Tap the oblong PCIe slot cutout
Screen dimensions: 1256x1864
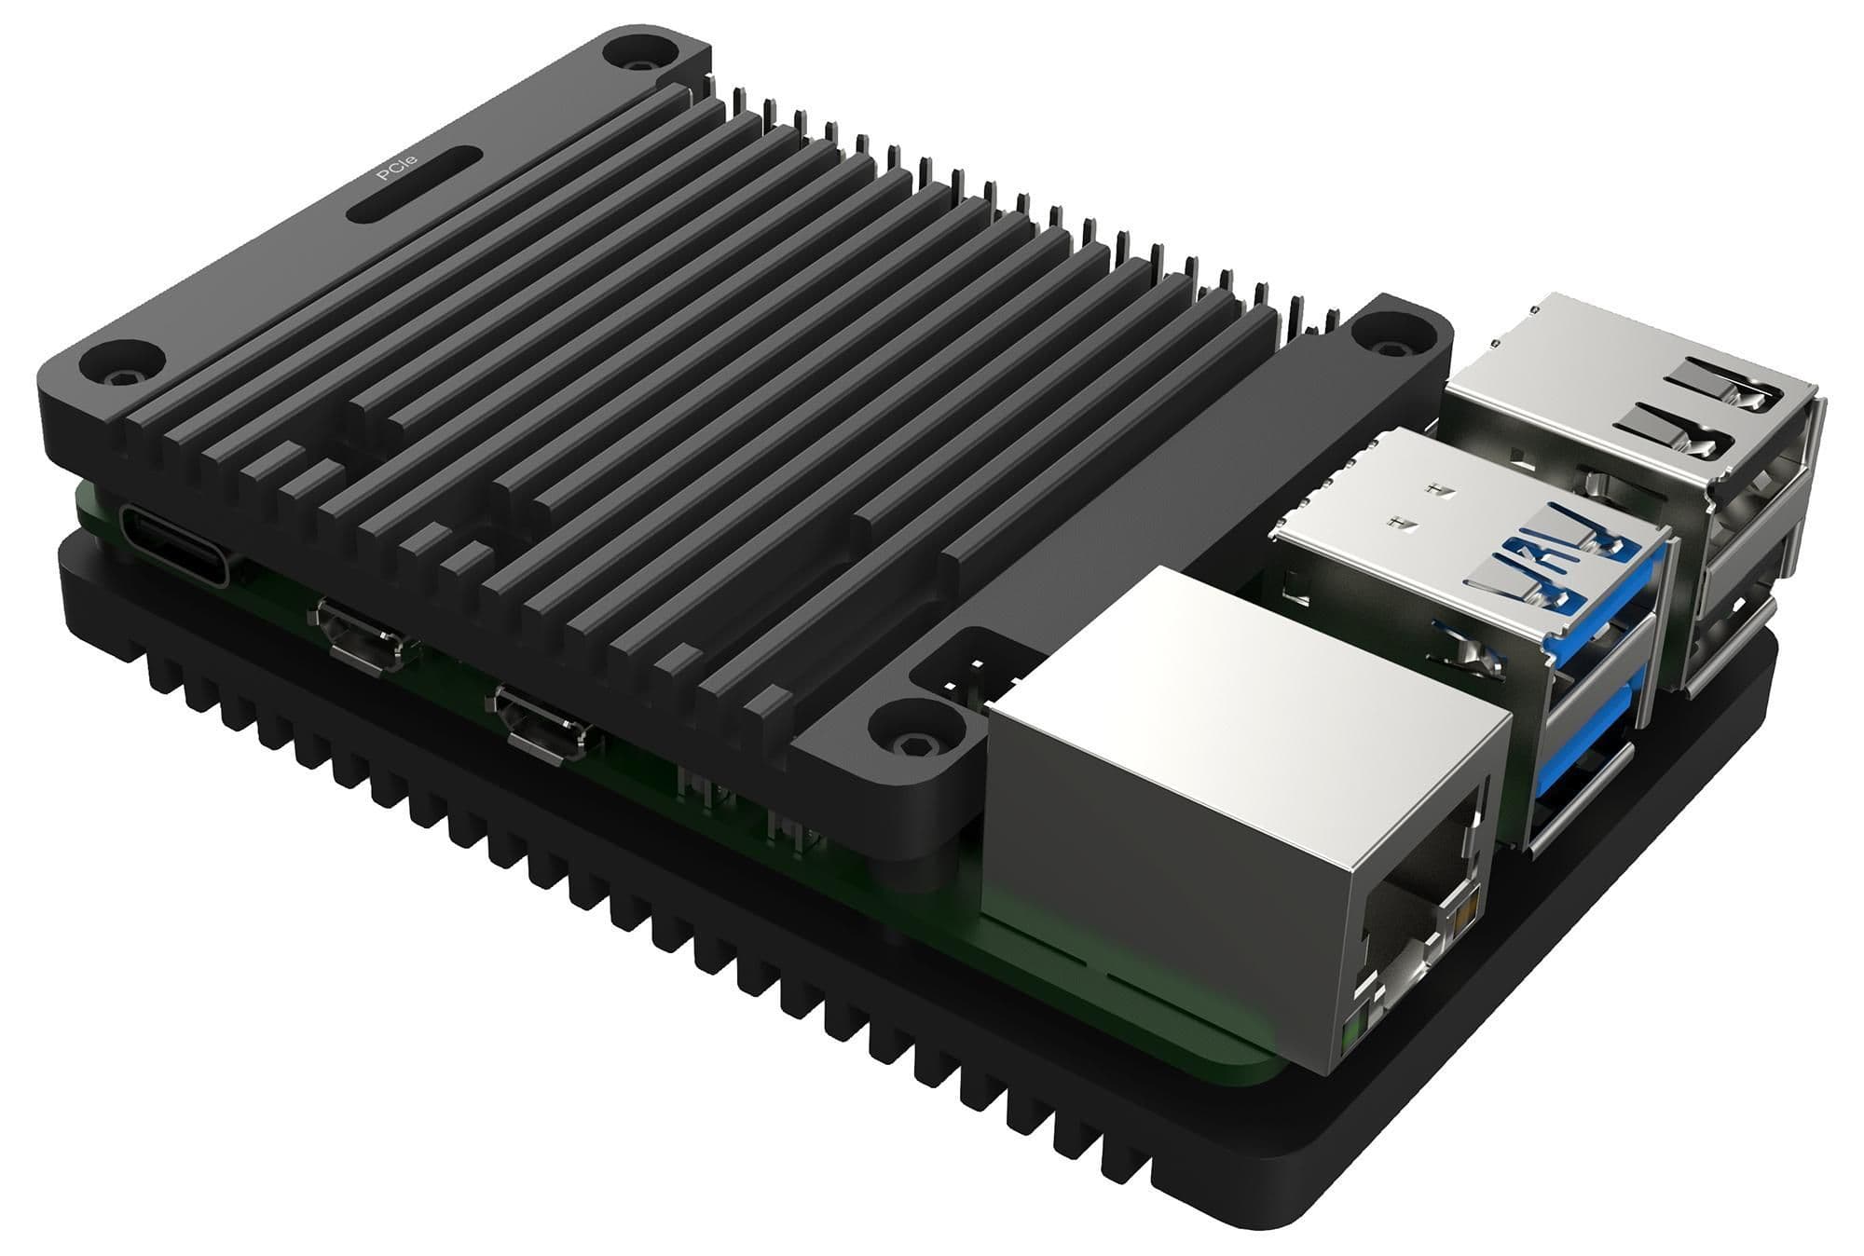click(x=415, y=184)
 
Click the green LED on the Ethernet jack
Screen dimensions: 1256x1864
click(x=1350, y=1031)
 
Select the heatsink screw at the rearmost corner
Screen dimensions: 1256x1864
click(x=640, y=61)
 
